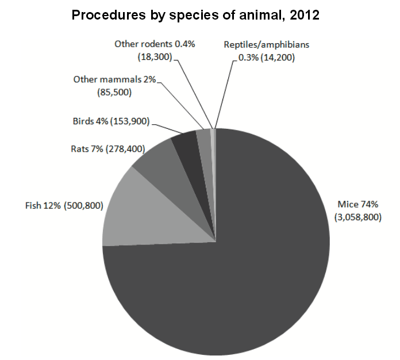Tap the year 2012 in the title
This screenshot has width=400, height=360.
coord(304,16)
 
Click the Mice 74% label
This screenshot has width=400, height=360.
coord(357,204)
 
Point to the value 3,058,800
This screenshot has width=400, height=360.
coord(357,217)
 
